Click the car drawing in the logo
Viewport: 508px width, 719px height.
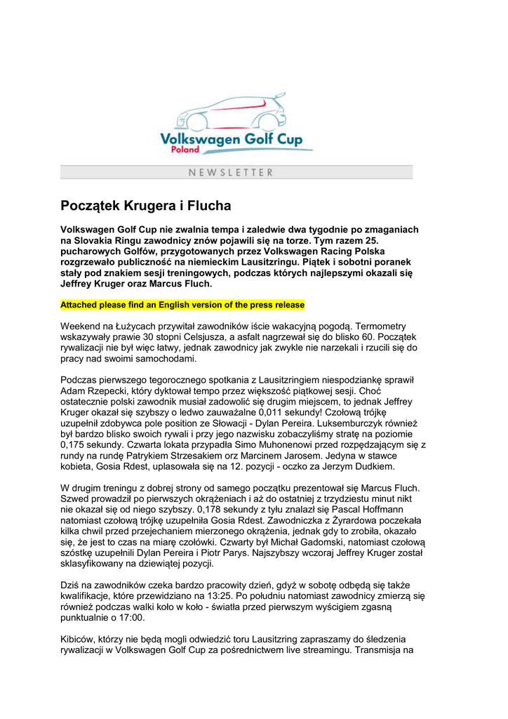pos(231,112)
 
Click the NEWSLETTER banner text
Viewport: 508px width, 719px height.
pos(231,172)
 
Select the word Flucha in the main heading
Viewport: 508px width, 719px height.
pos(206,206)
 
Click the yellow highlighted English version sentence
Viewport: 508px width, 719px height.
pos(182,305)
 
